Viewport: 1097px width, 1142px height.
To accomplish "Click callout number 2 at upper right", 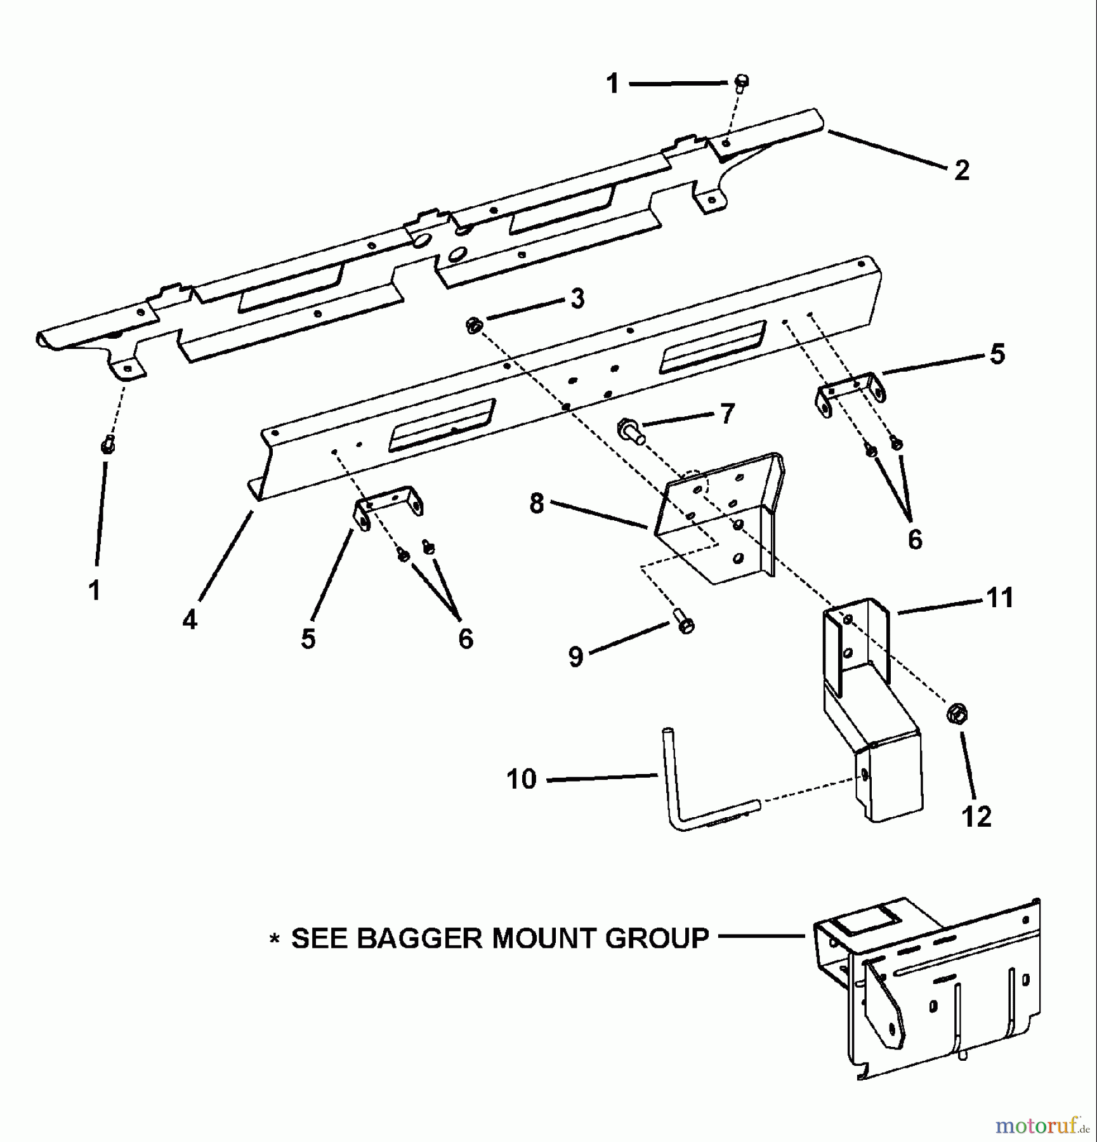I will pyautogui.click(x=962, y=171).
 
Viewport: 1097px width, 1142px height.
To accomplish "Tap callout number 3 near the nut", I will pyautogui.click(x=577, y=298).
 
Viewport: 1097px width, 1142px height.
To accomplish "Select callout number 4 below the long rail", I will pyautogui.click(x=190, y=620).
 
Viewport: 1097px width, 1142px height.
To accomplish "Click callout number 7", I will pyautogui.click(x=726, y=413).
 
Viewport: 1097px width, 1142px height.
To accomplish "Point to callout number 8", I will pyautogui.click(x=537, y=504).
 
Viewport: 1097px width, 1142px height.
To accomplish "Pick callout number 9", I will pyautogui.click(x=575, y=657).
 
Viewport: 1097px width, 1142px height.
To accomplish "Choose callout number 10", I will pyautogui.click(x=522, y=779).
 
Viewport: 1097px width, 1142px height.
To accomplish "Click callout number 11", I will pyautogui.click(x=1000, y=598).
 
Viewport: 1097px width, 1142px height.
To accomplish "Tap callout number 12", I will pyautogui.click(x=976, y=817).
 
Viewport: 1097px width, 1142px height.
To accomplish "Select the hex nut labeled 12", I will pyautogui.click(x=957, y=714).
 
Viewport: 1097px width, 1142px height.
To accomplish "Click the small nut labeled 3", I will pyautogui.click(x=473, y=326).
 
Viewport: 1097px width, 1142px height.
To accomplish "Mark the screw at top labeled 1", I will pyautogui.click(x=742, y=82).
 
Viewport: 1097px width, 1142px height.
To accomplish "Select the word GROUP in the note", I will pyautogui.click(x=657, y=938).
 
